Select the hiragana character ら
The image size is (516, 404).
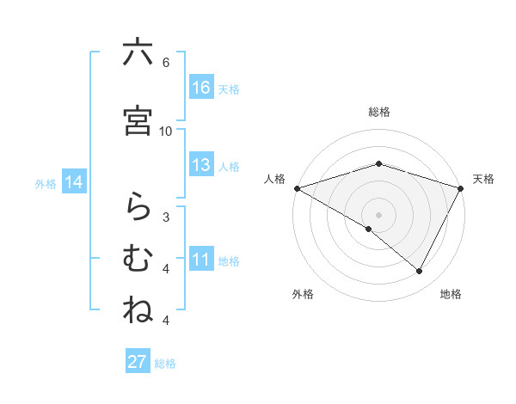138,207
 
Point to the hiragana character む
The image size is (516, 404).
138,259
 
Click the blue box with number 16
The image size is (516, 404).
201,88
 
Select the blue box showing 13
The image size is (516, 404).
201,165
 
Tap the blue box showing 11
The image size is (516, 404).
201,260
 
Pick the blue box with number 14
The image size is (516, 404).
74,182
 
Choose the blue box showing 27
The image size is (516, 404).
138,362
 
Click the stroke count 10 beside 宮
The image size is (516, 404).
166,131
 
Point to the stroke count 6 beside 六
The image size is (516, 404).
166,62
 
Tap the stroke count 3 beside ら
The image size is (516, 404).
166,217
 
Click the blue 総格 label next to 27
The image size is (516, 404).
165,364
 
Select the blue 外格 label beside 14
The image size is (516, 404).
46,183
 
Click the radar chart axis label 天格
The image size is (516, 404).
484,179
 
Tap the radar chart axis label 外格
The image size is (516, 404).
303,294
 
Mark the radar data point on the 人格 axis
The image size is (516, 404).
297,187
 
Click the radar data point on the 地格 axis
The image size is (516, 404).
420,271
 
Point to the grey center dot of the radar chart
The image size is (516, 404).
378,214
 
